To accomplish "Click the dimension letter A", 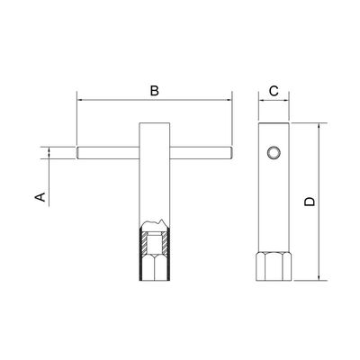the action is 40,197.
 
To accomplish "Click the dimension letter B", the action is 155,91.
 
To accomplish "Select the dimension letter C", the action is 274,91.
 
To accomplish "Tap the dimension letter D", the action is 310,202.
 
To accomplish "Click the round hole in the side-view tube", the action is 274,153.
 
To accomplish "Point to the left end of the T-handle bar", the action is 77,153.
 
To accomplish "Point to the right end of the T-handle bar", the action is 231,153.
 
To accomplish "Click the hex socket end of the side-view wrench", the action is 274,266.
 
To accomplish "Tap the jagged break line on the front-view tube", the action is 155,224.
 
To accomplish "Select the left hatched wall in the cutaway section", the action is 145,243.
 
